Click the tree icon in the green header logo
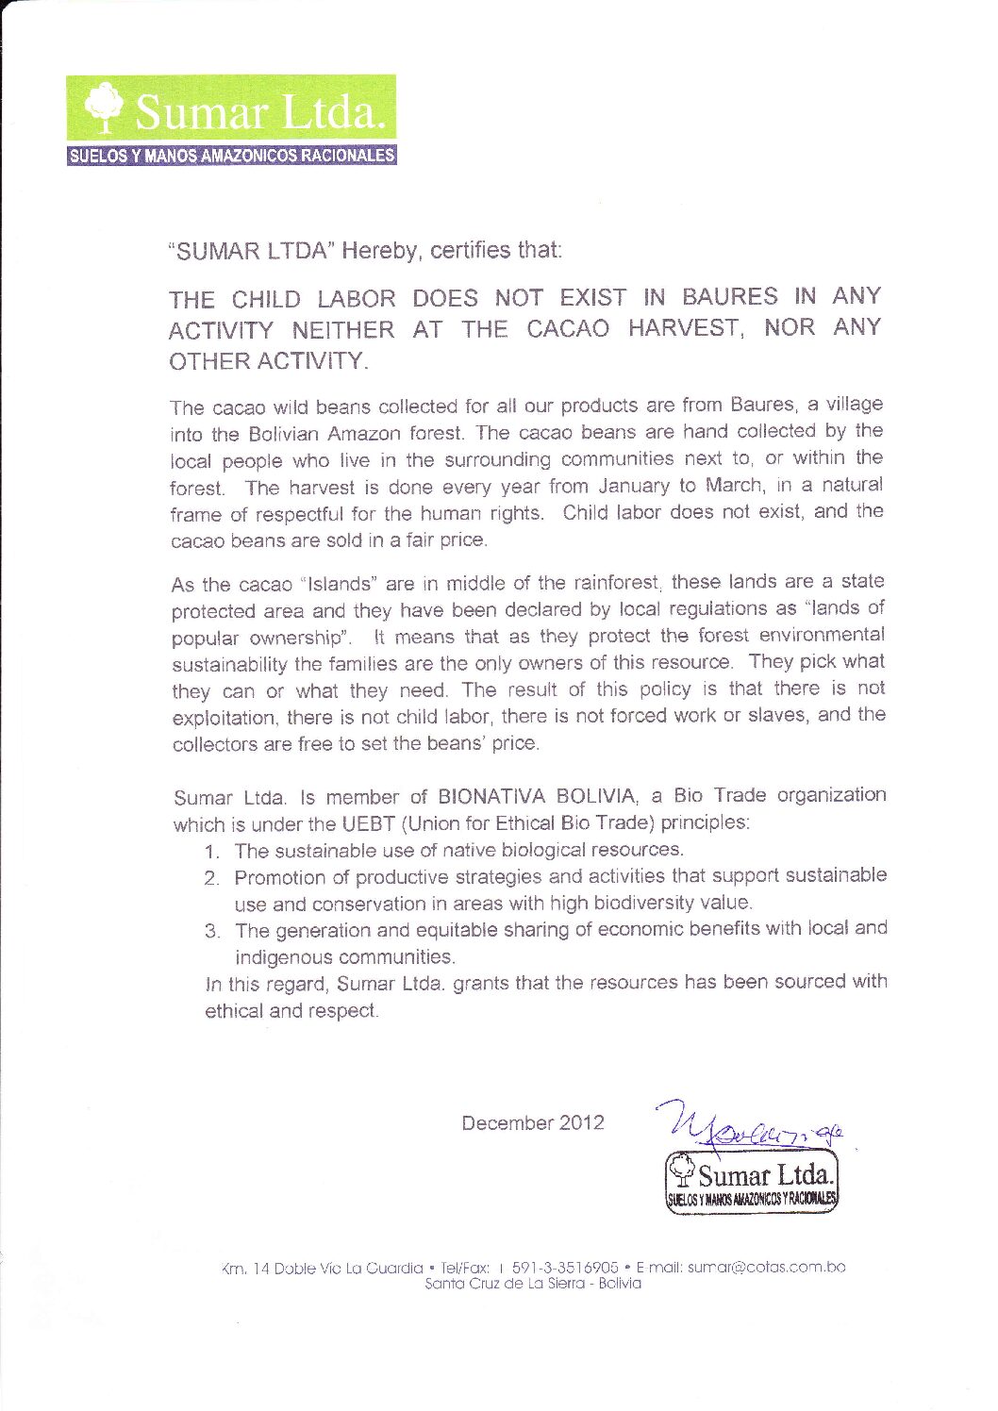(105, 105)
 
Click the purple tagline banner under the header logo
(231, 156)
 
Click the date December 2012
(532, 1123)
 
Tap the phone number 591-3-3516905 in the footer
(564, 1267)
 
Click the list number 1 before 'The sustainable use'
(213, 851)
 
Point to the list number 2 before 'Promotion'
(213, 878)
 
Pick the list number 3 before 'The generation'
(213, 932)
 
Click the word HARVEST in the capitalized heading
(701, 328)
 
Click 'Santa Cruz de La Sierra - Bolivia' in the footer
(533, 1285)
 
